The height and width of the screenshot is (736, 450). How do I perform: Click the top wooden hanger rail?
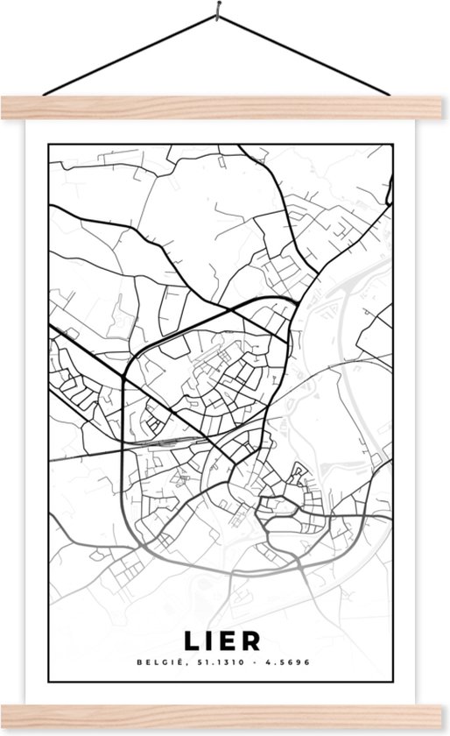[x=225, y=107]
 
